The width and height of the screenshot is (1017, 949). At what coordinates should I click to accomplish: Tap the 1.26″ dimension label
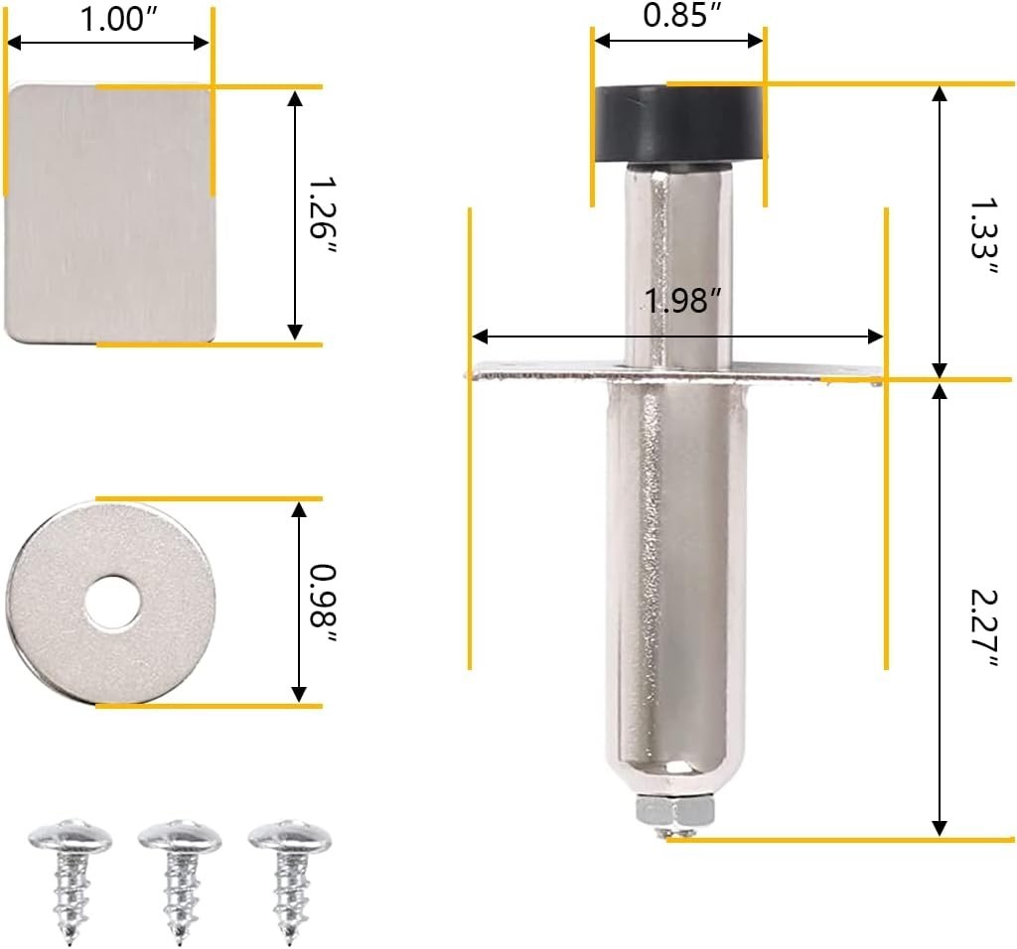(321, 215)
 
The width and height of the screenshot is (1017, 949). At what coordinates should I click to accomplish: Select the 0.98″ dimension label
(323, 605)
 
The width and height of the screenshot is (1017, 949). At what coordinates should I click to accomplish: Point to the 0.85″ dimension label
(675, 14)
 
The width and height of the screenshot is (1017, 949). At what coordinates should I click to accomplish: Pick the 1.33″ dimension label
(983, 236)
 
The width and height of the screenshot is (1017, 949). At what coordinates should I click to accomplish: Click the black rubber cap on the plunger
(680, 126)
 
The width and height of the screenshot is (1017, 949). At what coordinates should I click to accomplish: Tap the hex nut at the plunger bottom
(675, 810)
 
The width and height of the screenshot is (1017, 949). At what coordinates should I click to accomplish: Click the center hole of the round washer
(111, 602)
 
